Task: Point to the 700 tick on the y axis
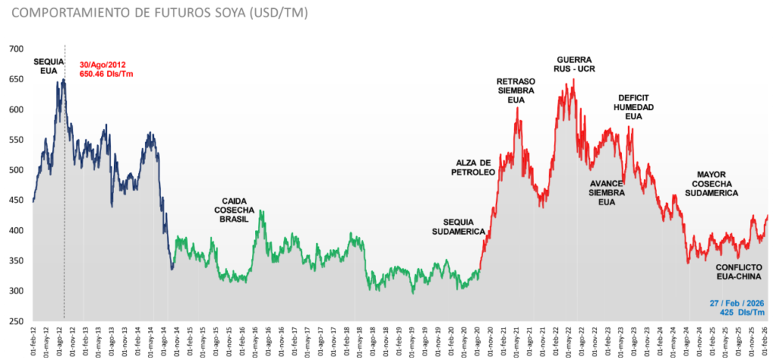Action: click(16, 49)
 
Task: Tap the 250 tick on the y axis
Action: click(16, 322)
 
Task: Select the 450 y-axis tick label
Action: click(16, 200)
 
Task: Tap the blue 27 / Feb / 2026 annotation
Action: click(738, 307)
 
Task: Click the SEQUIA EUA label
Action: click(48, 66)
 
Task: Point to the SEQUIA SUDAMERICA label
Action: click(458, 226)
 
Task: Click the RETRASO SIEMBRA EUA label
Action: click(516, 90)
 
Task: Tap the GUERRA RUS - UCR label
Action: click(574, 64)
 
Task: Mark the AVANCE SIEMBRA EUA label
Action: click(606, 192)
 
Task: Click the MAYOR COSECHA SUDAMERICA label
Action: click(711, 183)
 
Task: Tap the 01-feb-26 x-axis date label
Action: click(766, 339)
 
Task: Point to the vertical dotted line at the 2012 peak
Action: click(64, 226)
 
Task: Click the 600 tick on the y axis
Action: click(16, 109)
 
